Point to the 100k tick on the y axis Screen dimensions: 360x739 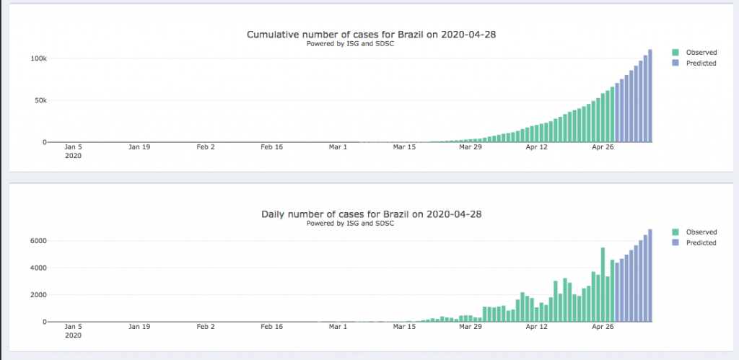[x=39, y=58]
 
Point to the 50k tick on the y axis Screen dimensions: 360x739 [x=41, y=100]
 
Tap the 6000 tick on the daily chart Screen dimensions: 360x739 [x=39, y=241]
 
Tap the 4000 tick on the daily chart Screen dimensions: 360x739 [x=39, y=268]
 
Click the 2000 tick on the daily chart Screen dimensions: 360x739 [x=39, y=295]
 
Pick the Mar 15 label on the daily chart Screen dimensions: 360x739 [x=404, y=327]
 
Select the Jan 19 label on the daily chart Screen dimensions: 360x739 [x=139, y=327]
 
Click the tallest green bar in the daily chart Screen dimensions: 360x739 [x=603, y=284]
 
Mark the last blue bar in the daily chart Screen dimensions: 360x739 [x=650, y=276]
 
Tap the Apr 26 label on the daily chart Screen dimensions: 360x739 [x=603, y=327]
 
